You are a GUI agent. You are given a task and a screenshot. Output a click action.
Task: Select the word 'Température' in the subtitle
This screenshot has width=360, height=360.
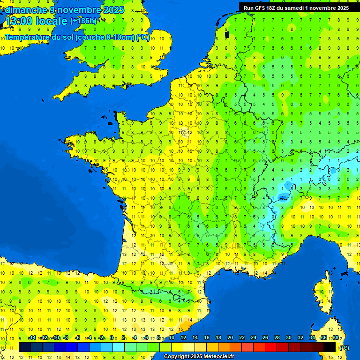[29, 37]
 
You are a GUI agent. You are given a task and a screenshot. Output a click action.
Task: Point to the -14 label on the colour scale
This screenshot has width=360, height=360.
[32, 337]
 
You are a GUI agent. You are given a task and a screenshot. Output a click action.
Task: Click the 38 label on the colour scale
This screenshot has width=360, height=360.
[336, 337]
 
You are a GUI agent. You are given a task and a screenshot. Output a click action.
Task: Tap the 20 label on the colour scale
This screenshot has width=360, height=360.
[230, 337]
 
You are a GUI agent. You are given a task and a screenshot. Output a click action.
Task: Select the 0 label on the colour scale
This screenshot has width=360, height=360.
[112, 337]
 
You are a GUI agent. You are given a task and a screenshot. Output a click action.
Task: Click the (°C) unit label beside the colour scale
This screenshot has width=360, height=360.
[344, 347]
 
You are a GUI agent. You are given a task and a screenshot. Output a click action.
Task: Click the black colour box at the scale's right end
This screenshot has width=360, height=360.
[330, 347]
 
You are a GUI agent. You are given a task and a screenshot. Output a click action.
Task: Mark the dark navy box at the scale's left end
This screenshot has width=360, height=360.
[25, 347]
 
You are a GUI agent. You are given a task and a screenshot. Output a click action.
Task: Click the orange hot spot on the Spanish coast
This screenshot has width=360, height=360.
[186, 323]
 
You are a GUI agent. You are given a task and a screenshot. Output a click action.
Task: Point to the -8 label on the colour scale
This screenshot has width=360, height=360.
[67, 337]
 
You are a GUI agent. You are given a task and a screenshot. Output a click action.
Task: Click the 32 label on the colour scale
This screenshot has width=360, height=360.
[300, 337]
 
